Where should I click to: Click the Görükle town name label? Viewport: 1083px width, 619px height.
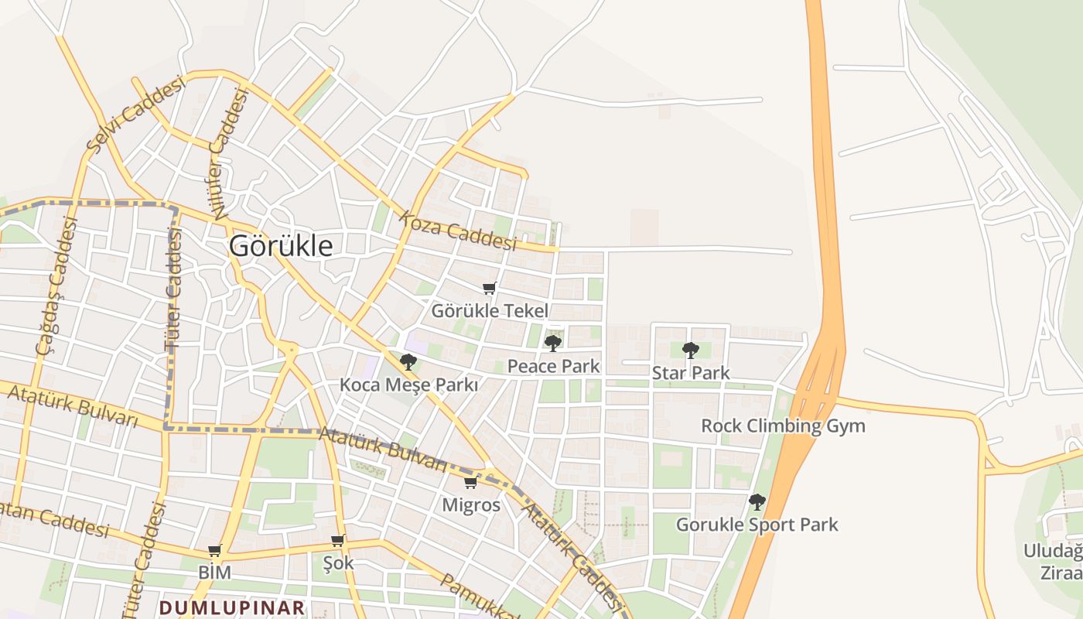click(x=281, y=246)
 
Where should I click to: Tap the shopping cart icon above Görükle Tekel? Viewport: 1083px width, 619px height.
click(x=489, y=289)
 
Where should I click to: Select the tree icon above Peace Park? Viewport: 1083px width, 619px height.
click(x=553, y=343)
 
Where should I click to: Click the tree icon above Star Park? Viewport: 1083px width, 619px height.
click(x=691, y=350)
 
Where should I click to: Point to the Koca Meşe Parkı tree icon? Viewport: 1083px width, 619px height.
click(x=408, y=361)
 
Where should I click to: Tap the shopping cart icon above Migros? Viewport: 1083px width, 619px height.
click(x=470, y=483)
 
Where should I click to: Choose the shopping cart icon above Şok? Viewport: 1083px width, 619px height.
click(x=337, y=540)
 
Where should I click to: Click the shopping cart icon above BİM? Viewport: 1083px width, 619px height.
click(x=214, y=551)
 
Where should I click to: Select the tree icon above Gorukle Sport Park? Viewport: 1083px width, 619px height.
click(x=757, y=501)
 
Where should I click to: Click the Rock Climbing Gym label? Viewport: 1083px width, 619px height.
click(x=783, y=426)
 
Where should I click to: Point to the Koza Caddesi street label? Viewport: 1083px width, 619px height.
click(x=457, y=230)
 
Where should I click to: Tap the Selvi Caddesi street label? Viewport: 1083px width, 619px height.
click(x=136, y=113)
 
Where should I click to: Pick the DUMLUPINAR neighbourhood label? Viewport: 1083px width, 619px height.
click(x=232, y=607)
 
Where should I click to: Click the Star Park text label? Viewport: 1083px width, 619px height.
click(x=691, y=373)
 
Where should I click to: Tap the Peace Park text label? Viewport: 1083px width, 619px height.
click(x=553, y=366)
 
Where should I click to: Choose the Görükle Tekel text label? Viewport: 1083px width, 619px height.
click(x=489, y=311)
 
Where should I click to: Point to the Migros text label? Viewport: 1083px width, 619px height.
click(x=471, y=505)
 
